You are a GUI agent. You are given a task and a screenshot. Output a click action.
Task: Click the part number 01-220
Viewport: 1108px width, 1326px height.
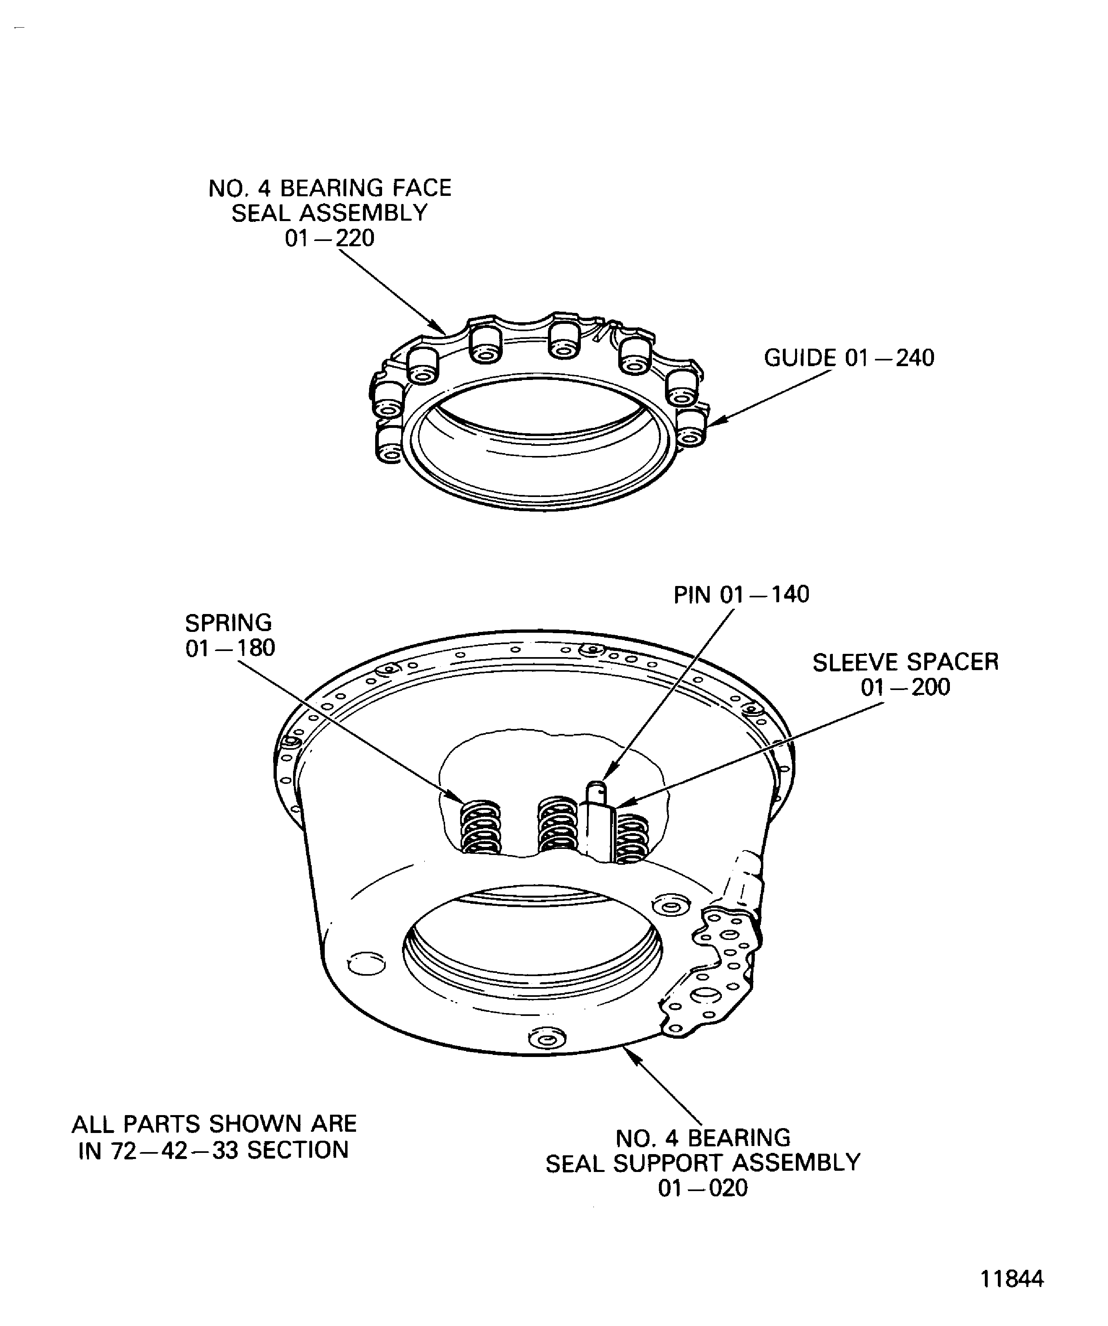(x=329, y=239)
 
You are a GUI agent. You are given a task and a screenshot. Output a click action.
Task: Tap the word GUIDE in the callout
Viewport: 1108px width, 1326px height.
(x=800, y=358)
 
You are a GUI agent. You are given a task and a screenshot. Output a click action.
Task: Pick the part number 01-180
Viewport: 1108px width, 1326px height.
(x=230, y=649)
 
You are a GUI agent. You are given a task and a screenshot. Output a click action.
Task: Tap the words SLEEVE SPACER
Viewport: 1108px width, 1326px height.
(x=905, y=662)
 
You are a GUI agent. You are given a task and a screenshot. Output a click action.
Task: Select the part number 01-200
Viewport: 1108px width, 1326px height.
(x=905, y=687)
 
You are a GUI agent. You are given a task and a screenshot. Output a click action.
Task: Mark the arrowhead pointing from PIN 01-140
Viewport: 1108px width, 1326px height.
(x=604, y=777)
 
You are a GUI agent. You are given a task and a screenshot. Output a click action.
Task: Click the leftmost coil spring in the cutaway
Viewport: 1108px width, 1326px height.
(x=481, y=827)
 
